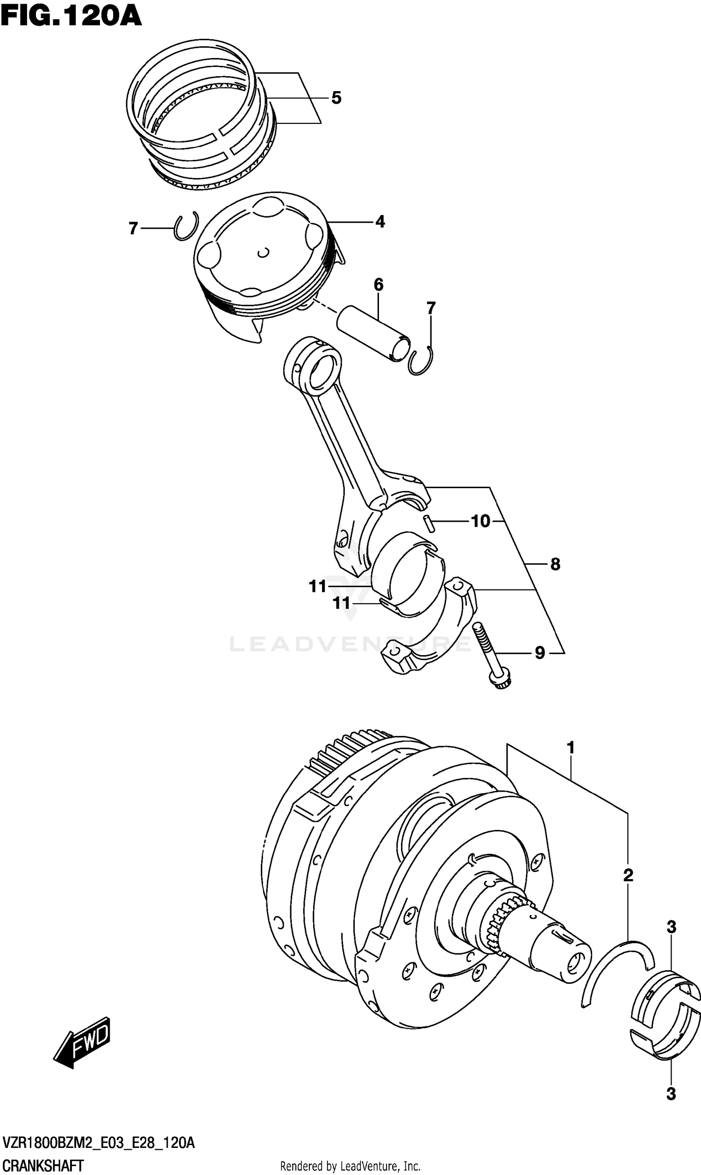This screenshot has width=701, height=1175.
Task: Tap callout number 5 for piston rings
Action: tap(336, 98)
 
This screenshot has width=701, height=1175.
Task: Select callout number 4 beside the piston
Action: tap(380, 221)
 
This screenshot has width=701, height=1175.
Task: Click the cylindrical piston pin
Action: tap(373, 333)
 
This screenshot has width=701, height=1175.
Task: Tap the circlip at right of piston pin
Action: tap(421, 361)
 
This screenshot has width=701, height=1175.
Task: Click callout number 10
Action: tap(480, 521)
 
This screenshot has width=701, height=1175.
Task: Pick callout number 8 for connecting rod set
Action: tap(555, 563)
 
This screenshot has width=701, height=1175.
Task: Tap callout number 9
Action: tap(539, 653)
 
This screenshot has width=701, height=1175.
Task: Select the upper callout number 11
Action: tap(317, 586)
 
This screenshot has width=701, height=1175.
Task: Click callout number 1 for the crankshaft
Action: tap(570, 748)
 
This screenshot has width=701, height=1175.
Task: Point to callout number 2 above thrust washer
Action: tap(628, 875)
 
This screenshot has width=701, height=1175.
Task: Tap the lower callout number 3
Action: tap(671, 1093)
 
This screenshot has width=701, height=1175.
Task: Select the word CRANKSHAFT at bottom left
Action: tap(43, 1166)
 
